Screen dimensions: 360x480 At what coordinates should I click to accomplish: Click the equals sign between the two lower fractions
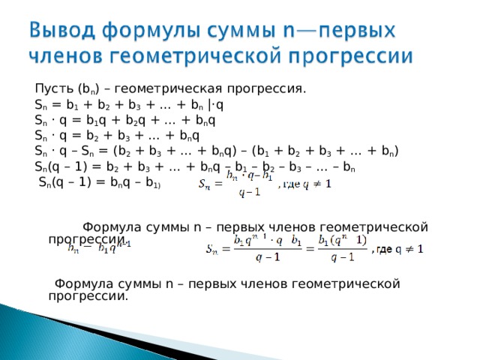pyautogui.click(x=307, y=250)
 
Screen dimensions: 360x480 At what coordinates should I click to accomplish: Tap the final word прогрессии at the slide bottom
pyautogui.click(x=88, y=295)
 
